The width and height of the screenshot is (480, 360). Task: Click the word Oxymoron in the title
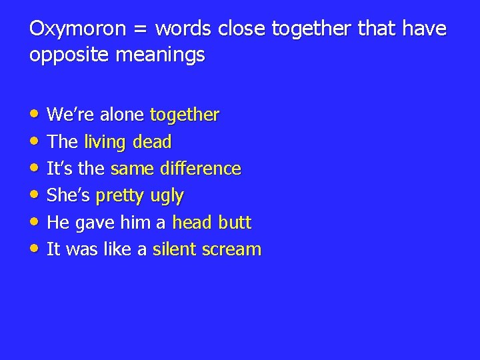68,30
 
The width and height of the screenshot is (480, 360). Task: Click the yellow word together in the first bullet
185,115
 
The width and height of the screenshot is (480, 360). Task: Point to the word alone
122,115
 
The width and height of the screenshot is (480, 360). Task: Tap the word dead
153,142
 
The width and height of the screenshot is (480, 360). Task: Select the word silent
175,249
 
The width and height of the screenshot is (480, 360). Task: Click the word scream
232,250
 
